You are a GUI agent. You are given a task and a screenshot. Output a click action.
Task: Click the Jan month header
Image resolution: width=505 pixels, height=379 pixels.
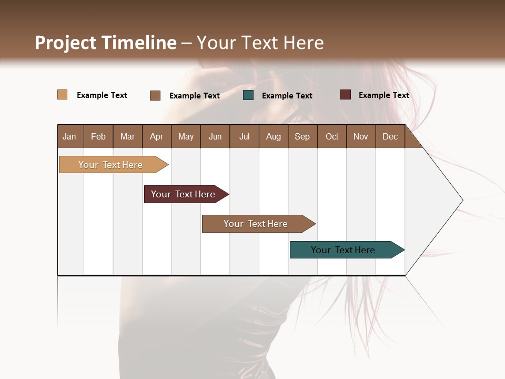[69, 136]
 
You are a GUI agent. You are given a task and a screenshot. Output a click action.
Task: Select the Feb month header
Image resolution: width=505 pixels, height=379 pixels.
[98, 136]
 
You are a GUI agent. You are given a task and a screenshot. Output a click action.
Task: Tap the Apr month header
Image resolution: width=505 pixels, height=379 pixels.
[156, 136]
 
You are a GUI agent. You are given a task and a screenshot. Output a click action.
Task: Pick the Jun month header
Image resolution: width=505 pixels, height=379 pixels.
[215, 136]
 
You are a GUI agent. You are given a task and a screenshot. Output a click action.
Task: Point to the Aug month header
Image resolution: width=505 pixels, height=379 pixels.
[273, 136]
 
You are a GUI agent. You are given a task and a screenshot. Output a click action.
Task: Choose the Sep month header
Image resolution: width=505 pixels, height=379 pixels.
[302, 136]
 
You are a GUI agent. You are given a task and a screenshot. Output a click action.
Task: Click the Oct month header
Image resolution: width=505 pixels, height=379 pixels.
[332, 136]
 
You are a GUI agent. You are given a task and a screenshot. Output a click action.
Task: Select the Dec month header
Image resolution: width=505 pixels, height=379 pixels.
[390, 136]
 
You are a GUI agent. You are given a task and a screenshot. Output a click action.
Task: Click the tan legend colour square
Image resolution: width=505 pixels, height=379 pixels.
[62, 95]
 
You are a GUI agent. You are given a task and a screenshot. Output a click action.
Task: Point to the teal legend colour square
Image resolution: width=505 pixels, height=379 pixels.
[248, 95]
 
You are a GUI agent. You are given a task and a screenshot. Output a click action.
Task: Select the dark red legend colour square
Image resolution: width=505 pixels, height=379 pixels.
[345, 95]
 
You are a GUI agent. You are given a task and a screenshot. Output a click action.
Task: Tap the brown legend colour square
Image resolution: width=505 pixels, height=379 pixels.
[155, 95]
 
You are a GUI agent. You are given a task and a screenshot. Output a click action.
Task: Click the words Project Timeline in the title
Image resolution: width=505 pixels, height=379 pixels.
[106, 43]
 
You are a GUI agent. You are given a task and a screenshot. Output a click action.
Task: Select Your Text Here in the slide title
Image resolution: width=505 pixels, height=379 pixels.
[260, 43]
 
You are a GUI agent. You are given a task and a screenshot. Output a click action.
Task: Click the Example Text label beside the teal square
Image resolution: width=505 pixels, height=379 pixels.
[287, 96]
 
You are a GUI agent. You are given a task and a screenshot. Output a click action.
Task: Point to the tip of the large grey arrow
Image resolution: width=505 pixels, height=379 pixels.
[461, 200]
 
